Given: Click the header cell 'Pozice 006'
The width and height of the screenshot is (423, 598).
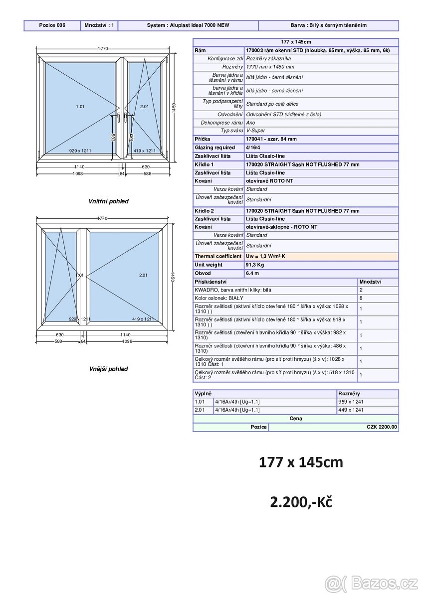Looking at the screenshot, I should tap(52, 25).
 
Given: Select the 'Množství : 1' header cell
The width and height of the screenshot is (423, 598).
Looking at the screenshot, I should tap(99, 25).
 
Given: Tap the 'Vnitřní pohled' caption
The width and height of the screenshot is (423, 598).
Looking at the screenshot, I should tap(108, 201).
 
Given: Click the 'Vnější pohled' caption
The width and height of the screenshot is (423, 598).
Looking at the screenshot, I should tap(108, 369).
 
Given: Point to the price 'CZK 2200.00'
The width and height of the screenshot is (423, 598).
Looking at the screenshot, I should tap(382, 427).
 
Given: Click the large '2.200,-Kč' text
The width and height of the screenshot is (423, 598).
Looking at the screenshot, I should tap(301, 502).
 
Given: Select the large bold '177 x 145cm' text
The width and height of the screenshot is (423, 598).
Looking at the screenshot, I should tap(301, 462).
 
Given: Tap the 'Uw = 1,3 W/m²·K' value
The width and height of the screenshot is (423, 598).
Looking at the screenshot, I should tap(265, 256).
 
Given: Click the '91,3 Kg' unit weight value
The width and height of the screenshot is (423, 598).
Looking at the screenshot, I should tap(255, 265).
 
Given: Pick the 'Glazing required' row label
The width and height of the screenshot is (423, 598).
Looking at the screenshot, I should tap(214, 148).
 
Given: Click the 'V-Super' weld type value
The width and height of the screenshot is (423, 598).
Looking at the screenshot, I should tap(256, 131).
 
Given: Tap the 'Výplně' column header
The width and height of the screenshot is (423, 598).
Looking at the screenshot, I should tap(203, 394).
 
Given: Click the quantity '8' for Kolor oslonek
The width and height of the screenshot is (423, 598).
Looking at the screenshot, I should tap(361, 298).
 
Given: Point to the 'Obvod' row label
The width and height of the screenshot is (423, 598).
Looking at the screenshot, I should tap(203, 273).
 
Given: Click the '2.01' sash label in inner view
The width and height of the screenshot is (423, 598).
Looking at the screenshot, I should tap(144, 107).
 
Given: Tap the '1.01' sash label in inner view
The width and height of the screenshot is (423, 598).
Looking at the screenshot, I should tap(80, 107).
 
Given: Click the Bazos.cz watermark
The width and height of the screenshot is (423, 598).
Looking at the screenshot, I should tap(371, 582).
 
